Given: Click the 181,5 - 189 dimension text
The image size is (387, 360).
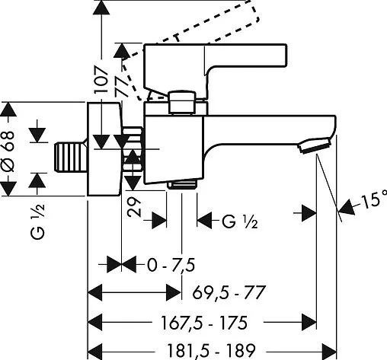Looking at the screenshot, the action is tap(211, 350).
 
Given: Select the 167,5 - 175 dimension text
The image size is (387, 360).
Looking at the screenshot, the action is tap(204, 323).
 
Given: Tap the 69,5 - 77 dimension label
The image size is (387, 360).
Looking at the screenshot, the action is tap(229, 292).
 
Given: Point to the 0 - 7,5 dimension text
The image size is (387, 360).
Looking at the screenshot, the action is tap(171, 265).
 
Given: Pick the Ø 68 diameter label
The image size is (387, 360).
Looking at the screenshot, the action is tap(8, 151).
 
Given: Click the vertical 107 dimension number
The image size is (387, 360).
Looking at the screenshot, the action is tap(101, 80).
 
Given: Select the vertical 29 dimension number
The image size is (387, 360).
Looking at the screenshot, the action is tap(134, 207).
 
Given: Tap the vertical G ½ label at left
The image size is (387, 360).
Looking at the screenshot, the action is tap(37, 221).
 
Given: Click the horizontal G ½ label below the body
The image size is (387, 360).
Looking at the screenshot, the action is tap(240, 221).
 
